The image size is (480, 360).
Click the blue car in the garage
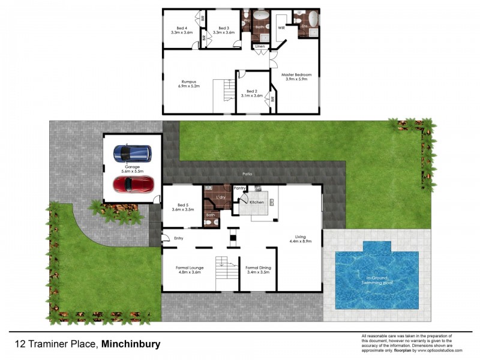[133, 154]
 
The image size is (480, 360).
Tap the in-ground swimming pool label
[377, 280]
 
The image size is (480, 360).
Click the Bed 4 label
[182, 28]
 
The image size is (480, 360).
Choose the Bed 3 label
[224, 28]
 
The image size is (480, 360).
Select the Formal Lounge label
[189, 268]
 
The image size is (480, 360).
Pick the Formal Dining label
[259, 268]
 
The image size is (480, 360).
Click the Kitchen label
[257, 203]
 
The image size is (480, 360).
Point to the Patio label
[247, 174]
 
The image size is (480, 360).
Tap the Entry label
[179, 238]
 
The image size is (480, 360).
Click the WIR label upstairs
[280, 28]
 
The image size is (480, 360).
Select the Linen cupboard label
[260, 46]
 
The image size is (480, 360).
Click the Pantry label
[241, 188]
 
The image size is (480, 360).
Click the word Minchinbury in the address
[131, 344]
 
